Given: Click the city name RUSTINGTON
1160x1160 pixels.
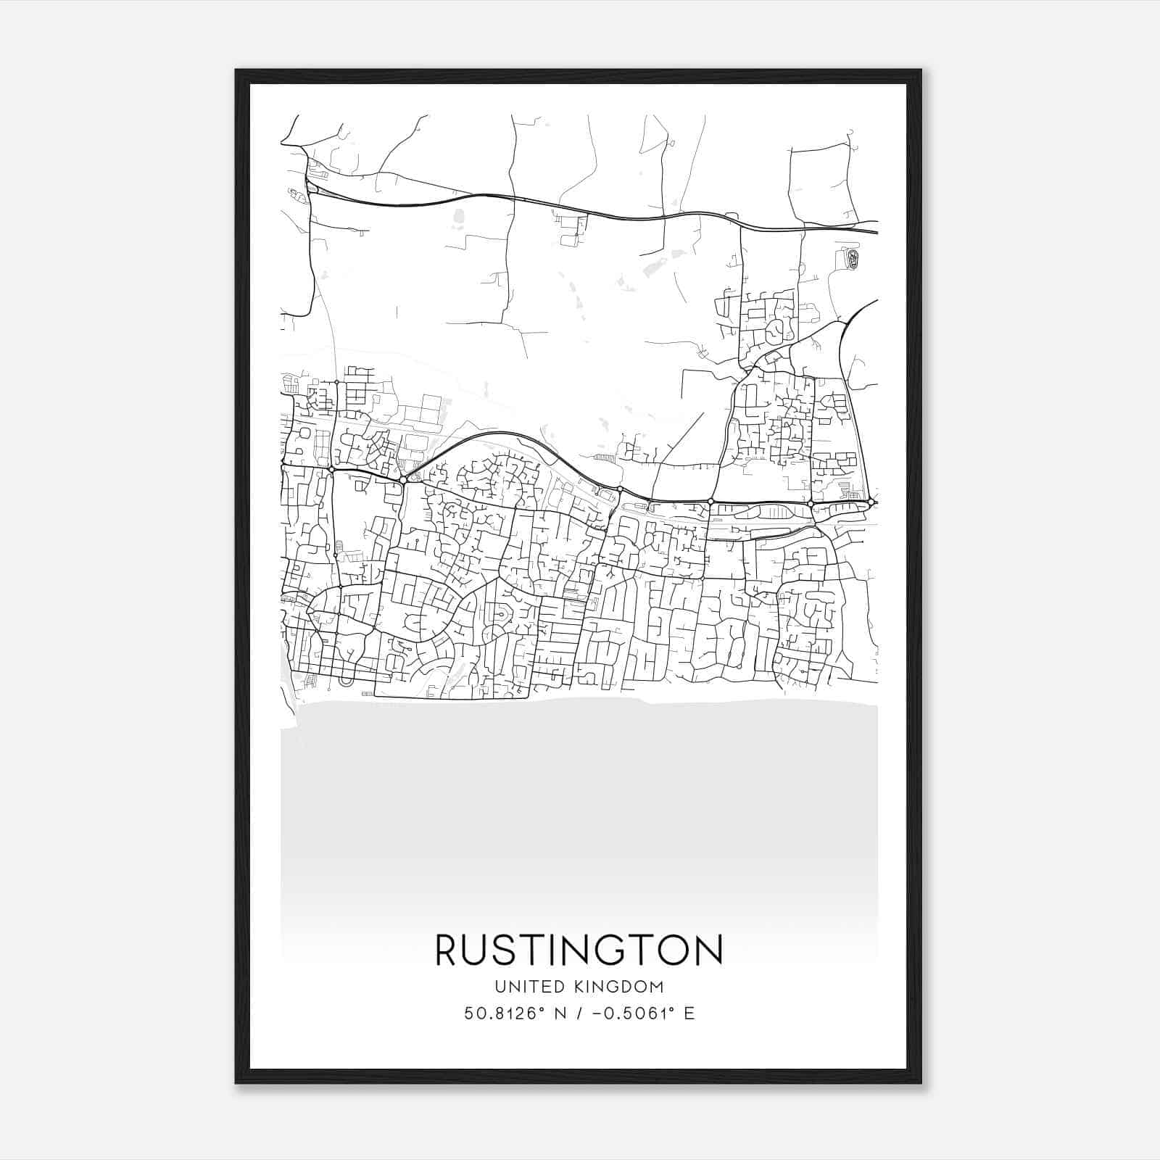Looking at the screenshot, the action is tap(579, 950).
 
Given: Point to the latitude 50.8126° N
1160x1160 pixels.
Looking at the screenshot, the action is tap(511, 1014).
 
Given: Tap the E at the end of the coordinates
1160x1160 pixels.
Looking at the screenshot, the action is tap(689, 1014).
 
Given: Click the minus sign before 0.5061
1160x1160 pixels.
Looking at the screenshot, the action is tap(597, 1014).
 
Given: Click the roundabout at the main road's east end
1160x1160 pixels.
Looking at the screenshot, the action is tap(871, 501).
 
